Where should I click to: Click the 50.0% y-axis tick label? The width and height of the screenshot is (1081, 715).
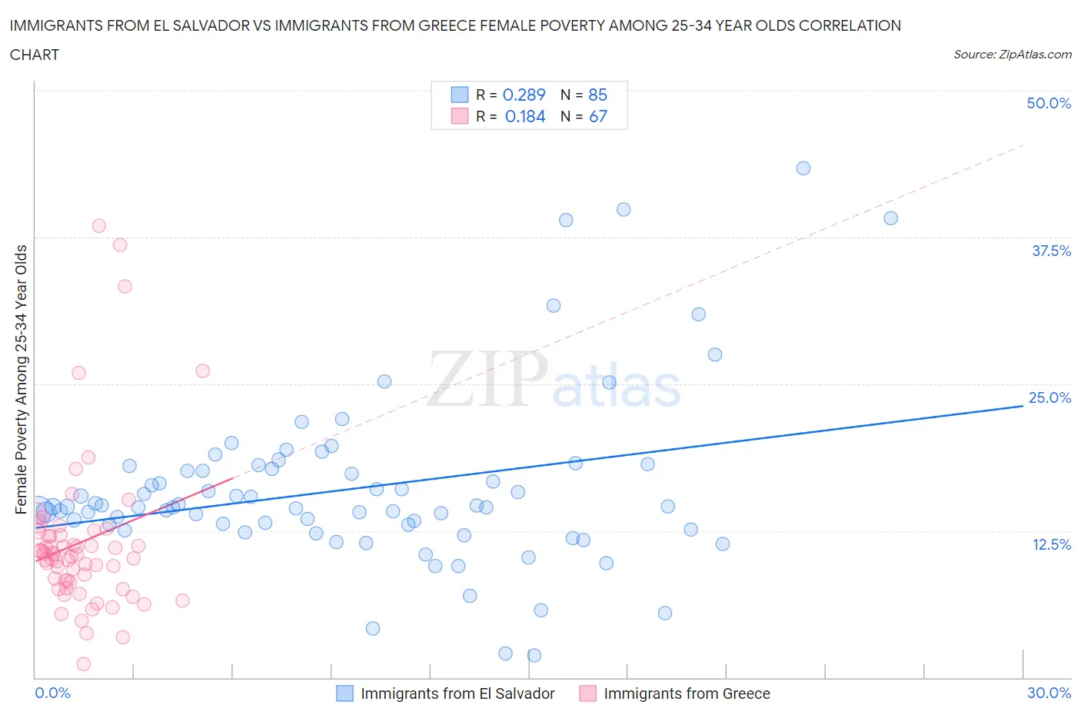pos(1048,103)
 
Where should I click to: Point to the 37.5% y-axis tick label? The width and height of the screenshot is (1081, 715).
pos(1050,251)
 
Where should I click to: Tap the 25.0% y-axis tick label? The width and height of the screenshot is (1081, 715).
pos(1049,397)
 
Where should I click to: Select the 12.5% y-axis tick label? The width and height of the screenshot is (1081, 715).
pos(1050,544)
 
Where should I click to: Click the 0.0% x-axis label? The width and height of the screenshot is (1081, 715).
pos(52,693)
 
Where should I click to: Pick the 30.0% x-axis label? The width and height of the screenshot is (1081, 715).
pos(1049,693)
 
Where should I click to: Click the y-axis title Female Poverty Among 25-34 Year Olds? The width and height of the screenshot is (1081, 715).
pos(21,379)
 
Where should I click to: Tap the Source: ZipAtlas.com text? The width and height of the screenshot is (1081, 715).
pos(1012,55)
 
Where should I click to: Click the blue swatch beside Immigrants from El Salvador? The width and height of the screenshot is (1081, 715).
pos(344,693)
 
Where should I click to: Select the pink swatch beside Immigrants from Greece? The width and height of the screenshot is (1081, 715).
pos(587,693)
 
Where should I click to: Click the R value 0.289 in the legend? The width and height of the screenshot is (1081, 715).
pos(524,95)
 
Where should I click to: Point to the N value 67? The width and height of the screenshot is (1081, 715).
pos(597,116)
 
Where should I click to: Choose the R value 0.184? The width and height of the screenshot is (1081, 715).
pos(525,116)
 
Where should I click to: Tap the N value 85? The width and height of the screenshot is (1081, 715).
pos(597,95)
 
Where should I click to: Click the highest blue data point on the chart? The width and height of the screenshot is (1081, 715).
pos(803,168)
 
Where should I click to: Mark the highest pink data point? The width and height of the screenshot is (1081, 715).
pos(98,226)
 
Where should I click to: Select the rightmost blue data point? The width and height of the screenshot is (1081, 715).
pos(890,218)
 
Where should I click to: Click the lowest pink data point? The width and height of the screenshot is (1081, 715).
pos(84,663)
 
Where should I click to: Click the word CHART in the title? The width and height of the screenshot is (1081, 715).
pos(35,55)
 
